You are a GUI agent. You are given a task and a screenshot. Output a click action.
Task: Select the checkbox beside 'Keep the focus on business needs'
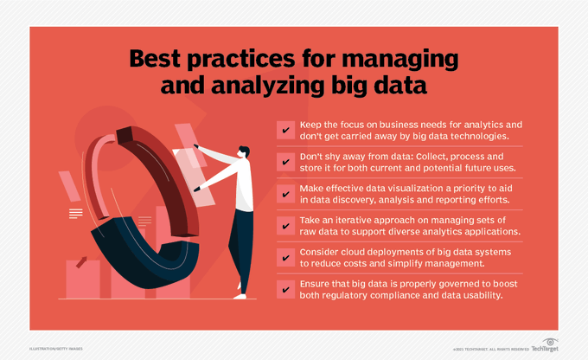pos(284,131)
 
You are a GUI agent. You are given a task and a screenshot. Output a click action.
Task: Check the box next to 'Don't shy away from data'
pos(284,162)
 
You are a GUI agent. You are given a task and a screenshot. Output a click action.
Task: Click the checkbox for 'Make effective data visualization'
pos(284,194)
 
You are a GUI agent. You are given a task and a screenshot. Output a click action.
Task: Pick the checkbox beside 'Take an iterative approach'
pos(284,226)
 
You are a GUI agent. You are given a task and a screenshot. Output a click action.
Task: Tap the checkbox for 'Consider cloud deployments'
pos(284,258)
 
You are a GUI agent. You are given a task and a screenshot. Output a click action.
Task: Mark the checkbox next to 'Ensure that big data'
pos(284,290)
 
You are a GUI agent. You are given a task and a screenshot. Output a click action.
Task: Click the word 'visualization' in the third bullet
pos(404,188)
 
